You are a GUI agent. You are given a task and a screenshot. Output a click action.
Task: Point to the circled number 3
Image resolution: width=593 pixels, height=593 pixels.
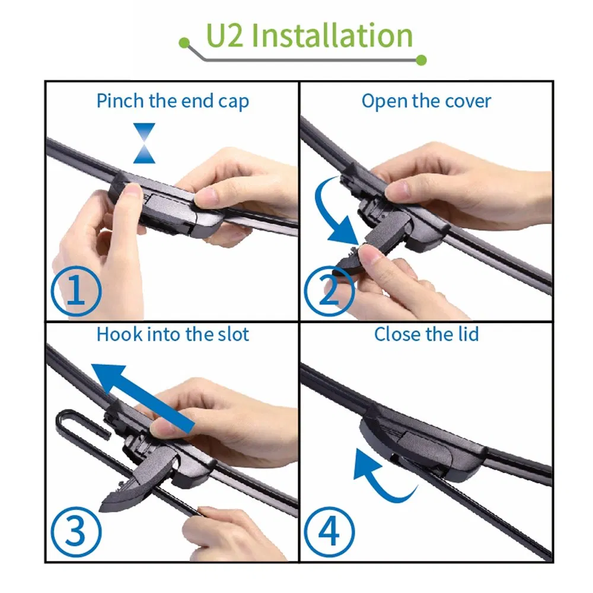point(76,529)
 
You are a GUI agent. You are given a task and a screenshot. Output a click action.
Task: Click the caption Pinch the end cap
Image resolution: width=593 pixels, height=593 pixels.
point(173,101)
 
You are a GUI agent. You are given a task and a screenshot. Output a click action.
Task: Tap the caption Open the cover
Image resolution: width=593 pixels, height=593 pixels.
point(426,101)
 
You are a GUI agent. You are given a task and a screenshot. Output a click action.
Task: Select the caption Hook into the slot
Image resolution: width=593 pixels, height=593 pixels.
point(173,334)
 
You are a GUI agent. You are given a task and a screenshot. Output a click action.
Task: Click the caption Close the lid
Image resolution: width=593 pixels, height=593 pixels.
point(426,334)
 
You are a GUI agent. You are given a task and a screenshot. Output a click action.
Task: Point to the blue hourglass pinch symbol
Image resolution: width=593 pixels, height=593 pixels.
point(144,143)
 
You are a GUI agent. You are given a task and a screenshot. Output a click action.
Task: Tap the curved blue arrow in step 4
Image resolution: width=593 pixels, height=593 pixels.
point(380,474)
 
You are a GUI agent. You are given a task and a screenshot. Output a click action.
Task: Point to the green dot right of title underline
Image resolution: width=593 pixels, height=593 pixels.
point(422,59)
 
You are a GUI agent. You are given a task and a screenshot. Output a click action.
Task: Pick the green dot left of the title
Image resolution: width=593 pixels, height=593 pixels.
point(185,43)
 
